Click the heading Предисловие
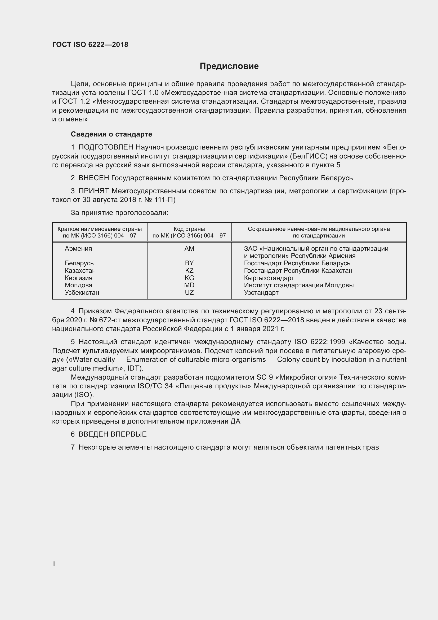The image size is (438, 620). [x=229, y=66]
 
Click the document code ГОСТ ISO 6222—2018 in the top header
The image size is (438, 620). [x=90, y=45]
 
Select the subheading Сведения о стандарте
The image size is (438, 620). [x=111, y=134]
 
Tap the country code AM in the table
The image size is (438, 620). [x=189, y=248]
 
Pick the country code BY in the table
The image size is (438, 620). [x=189, y=263]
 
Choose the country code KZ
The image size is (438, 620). [x=189, y=270]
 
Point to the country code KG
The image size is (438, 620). [x=189, y=278]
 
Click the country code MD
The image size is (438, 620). [x=189, y=285]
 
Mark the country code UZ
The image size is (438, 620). [x=189, y=292]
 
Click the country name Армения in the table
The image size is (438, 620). [x=78, y=248]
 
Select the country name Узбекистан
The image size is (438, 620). [x=82, y=292]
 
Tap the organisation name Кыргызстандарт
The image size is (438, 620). [x=269, y=278]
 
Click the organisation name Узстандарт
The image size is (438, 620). [x=261, y=292]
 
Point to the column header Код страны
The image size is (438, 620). [x=189, y=229]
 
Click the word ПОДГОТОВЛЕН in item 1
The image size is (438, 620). [x=106, y=147]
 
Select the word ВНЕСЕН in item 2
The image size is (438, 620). [x=93, y=178]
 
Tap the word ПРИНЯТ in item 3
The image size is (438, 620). [x=93, y=191]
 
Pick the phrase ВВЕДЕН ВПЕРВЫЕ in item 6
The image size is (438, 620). [x=113, y=434]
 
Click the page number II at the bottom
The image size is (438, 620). [x=54, y=564]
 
